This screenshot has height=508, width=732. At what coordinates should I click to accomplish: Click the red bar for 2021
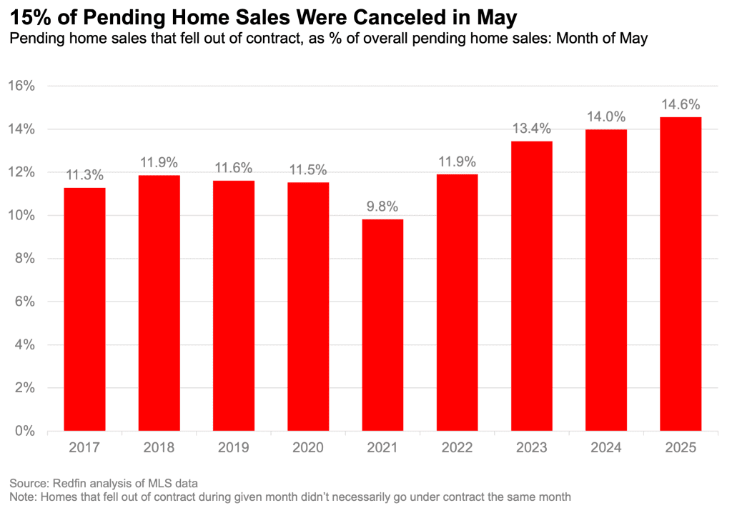click(x=382, y=325)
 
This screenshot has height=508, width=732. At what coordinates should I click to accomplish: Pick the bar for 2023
click(x=532, y=286)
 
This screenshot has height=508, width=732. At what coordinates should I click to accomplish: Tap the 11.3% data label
click(x=85, y=174)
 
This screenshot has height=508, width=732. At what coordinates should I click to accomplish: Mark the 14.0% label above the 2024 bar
click(x=606, y=116)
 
